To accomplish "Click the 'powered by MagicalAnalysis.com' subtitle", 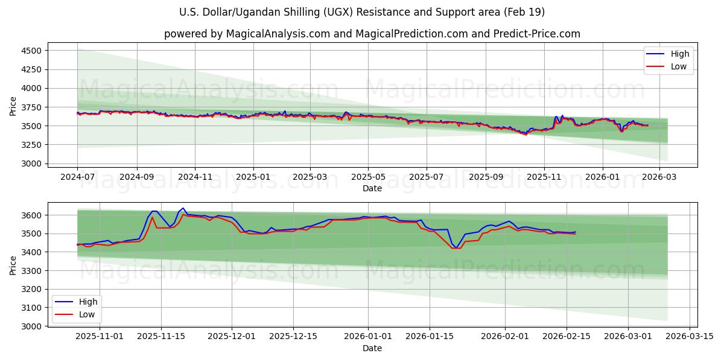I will [x=372, y=34].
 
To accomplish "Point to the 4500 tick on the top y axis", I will [x=30, y=51].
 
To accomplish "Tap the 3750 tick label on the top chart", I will [x=30, y=107].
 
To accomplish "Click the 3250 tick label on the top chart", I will [x=30, y=145].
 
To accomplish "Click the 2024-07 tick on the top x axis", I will [x=77, y=177].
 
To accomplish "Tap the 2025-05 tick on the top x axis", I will [x=368, y=177].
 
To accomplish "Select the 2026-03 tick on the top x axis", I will [x=659, y=177].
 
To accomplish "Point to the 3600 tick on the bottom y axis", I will [x=30, y=215].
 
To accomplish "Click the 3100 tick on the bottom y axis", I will [x=30, y=308].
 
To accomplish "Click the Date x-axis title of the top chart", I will [x=372, y=188].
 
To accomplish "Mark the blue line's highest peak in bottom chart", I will [x=183, y=208].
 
